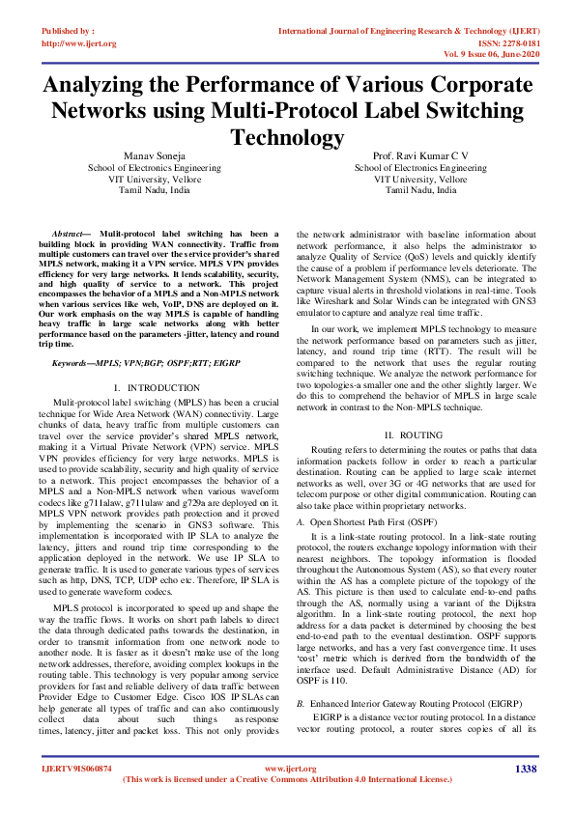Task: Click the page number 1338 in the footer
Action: tap(526, 768)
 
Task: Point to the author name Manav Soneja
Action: tap(155, 155)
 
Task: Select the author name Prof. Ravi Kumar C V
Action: tap(420, 155)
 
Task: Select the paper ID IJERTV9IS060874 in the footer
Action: tap(75, 769)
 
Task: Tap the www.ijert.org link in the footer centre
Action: tap(287, 768)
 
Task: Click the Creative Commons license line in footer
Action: tap(288, 778)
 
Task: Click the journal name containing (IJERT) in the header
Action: tap(406, 32)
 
